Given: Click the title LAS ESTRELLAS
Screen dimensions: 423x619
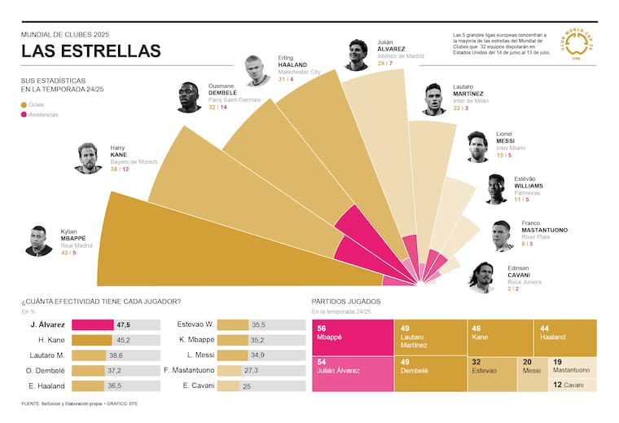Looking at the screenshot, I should click(x=90, y=51).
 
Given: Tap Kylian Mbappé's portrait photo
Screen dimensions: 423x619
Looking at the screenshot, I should click(x=39, y=241).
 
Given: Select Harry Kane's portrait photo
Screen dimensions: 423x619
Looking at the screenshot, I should click(x=88, y=158).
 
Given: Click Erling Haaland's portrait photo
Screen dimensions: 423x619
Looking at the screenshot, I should click(x=257, y=71).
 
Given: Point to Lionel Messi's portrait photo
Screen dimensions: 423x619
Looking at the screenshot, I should click(x=477, y=147).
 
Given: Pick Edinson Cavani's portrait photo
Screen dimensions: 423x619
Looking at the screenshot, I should click(x=481, y=277).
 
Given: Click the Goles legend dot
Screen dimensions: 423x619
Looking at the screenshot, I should click(x=24, y=105).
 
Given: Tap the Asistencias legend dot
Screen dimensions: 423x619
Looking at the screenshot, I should click(x=24, y=115).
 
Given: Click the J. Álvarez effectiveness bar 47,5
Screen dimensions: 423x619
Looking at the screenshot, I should click(x=93, y=324).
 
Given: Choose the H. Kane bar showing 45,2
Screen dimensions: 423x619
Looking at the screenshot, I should click(x=92, y=340).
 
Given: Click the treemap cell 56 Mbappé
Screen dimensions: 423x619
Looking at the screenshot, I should click(x=352, y=337).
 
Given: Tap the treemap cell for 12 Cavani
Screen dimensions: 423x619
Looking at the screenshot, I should click(x=573, y=384).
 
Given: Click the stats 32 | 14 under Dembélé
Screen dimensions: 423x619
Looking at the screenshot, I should click(x=217, y=107).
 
